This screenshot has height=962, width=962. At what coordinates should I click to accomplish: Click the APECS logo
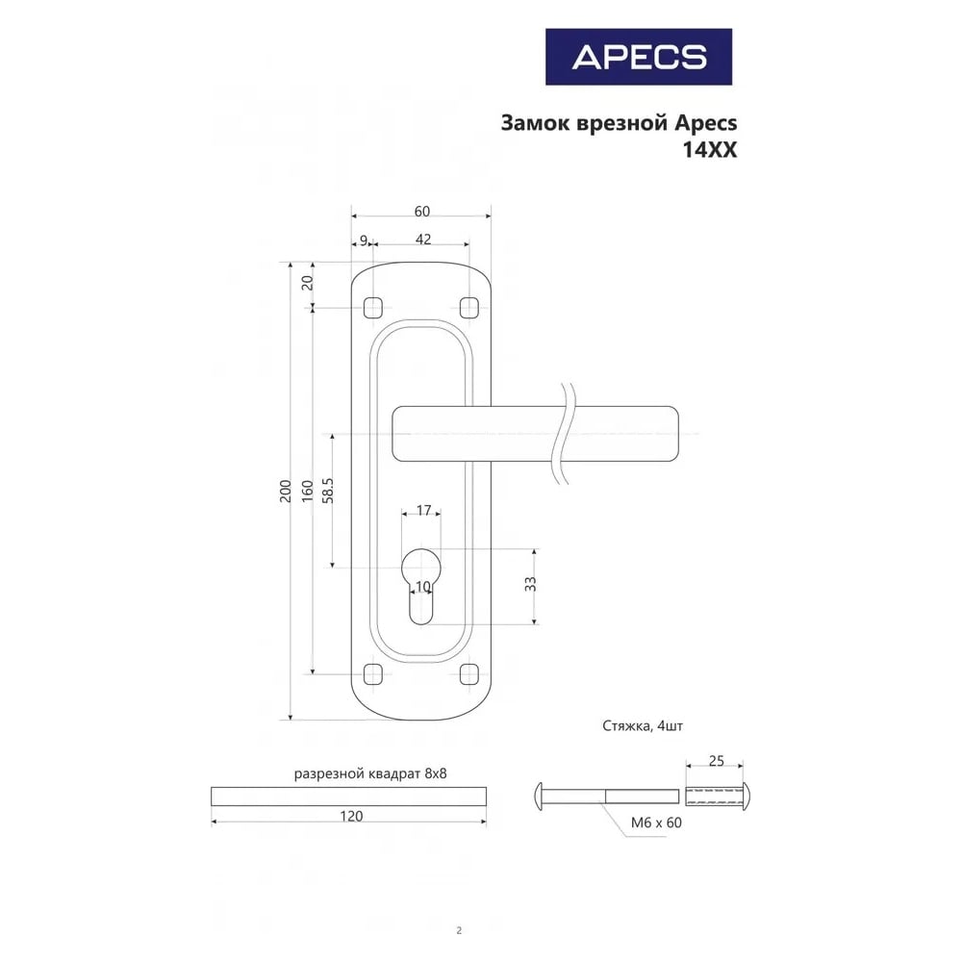(639, 57)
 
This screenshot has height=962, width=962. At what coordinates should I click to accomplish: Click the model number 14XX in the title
(710, 150)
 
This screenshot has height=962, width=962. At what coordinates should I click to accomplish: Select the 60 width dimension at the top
(422, 211)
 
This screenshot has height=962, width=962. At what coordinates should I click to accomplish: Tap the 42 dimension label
(423, 239)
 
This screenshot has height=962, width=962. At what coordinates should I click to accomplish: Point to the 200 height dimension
(286, 491)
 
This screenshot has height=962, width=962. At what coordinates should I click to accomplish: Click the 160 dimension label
(308, 491)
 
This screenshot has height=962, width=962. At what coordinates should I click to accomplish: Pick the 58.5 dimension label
(328, 491)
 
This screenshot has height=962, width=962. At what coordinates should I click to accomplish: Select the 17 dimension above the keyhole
(423, 511)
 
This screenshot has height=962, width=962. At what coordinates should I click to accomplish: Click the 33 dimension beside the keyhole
(531, 584)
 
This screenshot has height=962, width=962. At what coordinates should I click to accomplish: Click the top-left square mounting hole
(373, 308)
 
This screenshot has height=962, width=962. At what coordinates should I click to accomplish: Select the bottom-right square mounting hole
(468, 674)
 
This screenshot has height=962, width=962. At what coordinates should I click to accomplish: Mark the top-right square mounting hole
(468, 308)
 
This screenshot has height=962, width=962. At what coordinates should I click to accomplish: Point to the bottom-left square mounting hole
(373, 674)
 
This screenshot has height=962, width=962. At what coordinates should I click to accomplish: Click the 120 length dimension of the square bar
(351, 816)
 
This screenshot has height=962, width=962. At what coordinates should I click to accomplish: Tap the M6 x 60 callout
(656, 823)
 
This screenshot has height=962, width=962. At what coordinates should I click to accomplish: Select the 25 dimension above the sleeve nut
(716, 761)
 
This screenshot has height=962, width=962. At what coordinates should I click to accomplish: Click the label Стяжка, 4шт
(643, 726)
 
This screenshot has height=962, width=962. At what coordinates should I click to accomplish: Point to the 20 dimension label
(308, 283)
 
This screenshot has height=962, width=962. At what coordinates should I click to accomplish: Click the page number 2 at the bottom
(459, 930)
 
